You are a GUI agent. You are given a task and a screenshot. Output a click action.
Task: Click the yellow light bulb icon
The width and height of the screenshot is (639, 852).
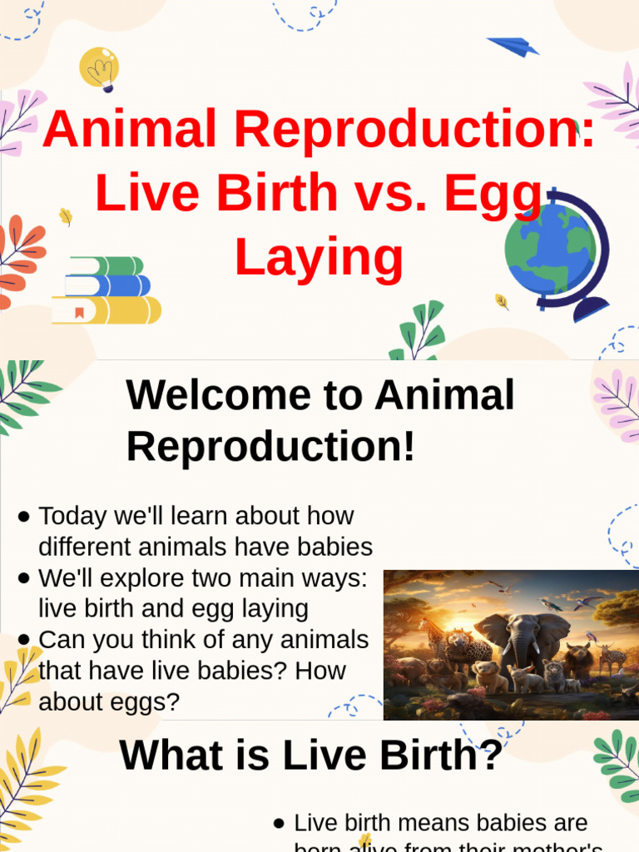coord(99,68)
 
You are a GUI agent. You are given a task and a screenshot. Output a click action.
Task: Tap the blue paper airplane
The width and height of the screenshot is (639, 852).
coord(513,46)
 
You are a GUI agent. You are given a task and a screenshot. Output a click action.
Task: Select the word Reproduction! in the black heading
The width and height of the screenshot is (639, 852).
coord(270,448)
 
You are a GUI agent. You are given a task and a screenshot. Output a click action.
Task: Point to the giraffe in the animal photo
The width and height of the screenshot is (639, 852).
coord(433,637)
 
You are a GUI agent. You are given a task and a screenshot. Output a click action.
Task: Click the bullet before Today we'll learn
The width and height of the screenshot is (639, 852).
coord(24,517)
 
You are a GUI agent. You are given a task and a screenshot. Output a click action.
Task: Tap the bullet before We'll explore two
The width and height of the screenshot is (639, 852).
coord(24,578)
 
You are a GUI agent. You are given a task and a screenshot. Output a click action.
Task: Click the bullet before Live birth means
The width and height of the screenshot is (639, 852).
coord(280,824)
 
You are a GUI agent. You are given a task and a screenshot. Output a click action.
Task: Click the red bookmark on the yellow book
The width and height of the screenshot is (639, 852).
coord(80,313)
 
